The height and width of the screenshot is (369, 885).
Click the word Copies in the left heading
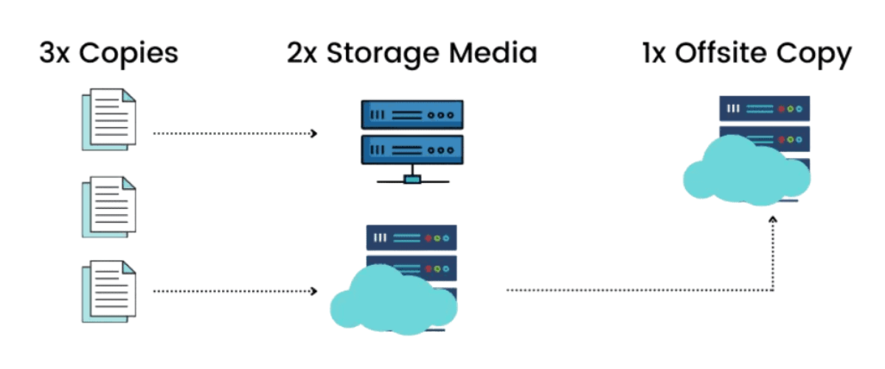tap(128, 55)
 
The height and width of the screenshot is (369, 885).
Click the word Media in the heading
tap(496, 54)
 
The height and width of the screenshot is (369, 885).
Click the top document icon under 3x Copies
tap(108, 119)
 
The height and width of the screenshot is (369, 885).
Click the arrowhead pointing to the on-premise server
tap(314, 134)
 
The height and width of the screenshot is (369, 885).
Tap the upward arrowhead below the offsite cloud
tap(772, 219)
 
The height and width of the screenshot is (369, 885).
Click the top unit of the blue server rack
tap(412, 116)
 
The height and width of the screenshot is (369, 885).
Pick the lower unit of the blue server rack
tap(412, 150)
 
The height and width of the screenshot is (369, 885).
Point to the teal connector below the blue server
tap(412, 179)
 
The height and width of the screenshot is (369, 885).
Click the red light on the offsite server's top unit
tap(780, 109)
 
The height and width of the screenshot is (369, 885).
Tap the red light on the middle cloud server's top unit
tap(427, 238)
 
